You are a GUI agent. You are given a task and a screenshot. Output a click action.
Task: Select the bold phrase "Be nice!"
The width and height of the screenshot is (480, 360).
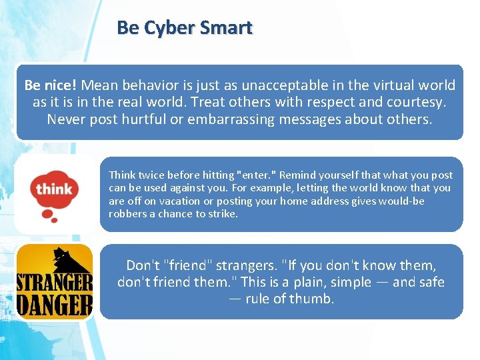(51, 85)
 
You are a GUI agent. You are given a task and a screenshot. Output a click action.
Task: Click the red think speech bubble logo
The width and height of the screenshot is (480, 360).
(54, 193)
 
